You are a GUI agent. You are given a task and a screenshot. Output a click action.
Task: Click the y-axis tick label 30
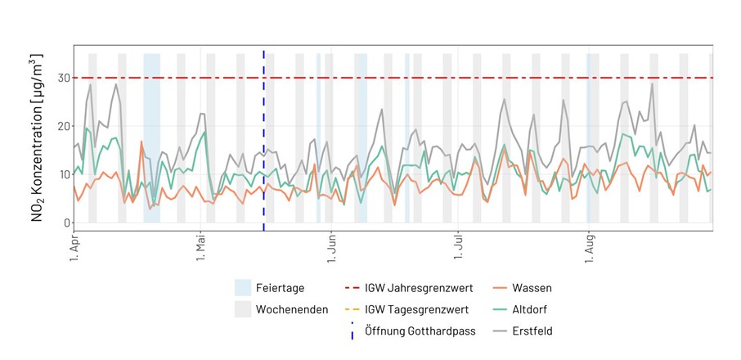point(59,78)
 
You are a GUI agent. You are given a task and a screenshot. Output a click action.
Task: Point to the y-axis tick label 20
point(59,126)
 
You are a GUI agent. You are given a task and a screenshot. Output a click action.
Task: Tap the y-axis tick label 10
point(59,174)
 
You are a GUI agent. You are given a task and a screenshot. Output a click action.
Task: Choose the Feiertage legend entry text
point(281,288)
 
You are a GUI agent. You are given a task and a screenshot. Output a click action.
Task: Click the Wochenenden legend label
point(292,309)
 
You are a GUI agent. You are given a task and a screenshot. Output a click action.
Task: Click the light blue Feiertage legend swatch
point(243,288)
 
